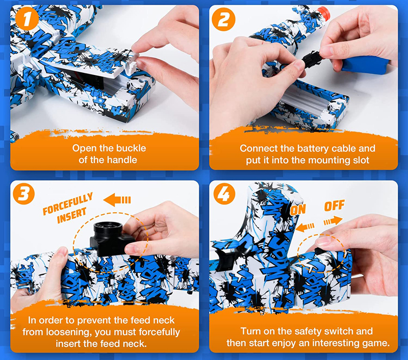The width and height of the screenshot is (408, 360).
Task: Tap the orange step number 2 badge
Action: click(223, 19)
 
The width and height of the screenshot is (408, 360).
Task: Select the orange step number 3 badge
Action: click(23, 194)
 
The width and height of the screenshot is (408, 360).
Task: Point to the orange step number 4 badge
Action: click(224, 194)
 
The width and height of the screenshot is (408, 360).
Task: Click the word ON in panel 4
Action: click(298, 210)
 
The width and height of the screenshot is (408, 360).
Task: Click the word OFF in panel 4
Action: click(335, 205)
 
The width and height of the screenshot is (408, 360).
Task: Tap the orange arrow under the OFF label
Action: click(333, 221)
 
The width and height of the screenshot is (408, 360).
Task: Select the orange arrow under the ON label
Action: click(305, 227)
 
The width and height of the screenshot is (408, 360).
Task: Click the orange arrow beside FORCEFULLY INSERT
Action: click(117, 200)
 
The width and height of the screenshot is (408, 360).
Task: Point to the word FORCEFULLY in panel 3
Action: click(68, 204)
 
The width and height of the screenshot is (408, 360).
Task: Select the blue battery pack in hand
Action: click(364, 65)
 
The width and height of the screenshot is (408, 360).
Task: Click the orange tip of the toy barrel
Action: click(323, 14)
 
